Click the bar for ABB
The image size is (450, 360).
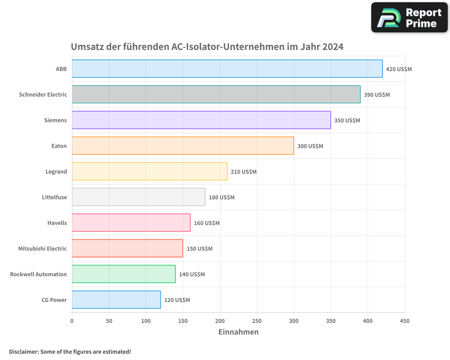pyautogui.click(x=227, y=69)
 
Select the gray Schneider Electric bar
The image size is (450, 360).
pyautogui.click(x=216, y=94)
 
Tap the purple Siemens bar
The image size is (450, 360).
pyautogui.click(x=201, y=120)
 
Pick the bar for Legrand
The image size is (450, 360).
pyautogui.click(x=149, y=171)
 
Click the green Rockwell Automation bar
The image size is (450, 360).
pyautogui.click(x=124, y=274)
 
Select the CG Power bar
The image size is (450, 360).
pyautogui.click(x=116, y=300)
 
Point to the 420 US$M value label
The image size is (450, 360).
pyautogui.click(x=399, y=69)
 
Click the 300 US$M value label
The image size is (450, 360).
pyautogui.click(x=310, y=146)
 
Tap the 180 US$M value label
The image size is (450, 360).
pyautogui.click(x=221, y=198)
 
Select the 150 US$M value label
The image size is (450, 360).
pyautogui.click(x=199, y=249)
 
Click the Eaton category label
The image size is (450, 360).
pyautogui.click(x=59, y=146)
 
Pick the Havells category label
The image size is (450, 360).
pyautogui.click(x=57, y=223)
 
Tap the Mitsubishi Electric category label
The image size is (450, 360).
pyautogui.click(x=42, y=248)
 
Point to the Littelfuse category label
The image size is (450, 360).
pyautogui.click(x=54, y=197)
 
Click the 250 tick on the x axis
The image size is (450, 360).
pyautogui.click(x=257, y=321)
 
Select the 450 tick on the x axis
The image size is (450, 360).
pyautogui.click(x=405, y=321)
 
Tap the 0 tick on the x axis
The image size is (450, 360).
pyautogui.click(x=72, y=321)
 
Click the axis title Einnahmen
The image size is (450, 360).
pyautogui.click(x=238, y=332)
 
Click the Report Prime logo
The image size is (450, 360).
pyautogui.click(x=409, y=18)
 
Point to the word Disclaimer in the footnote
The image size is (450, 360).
pyautogui.click(x=23, y=351)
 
